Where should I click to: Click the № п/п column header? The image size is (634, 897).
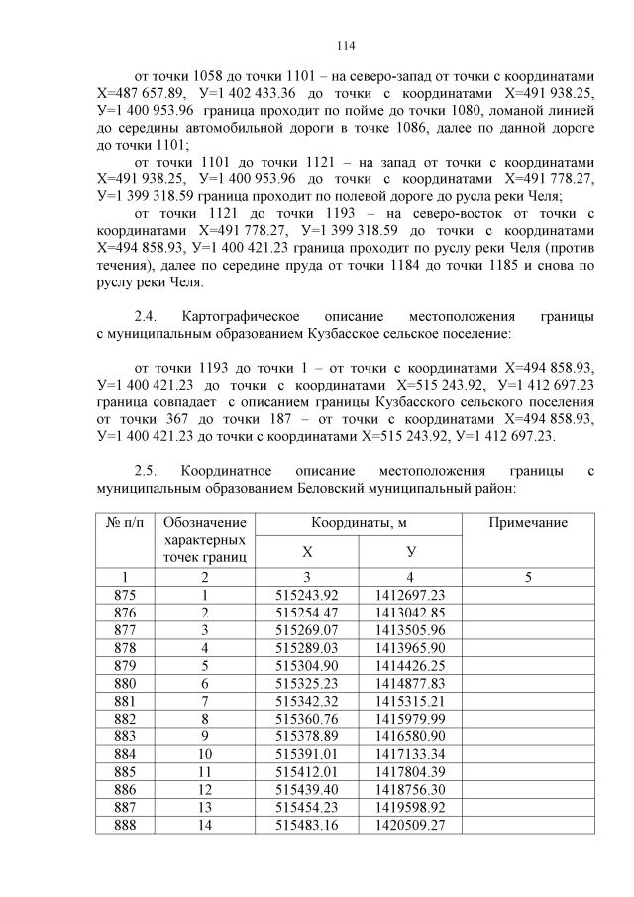tap(125, 522)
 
